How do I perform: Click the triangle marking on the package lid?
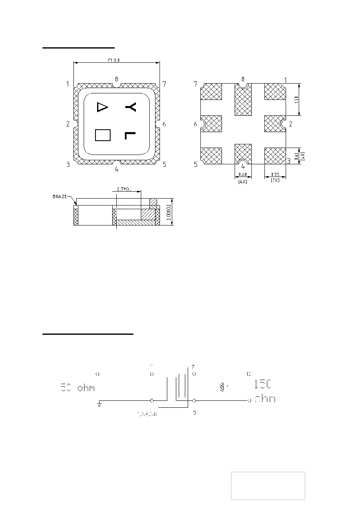coord(102,107)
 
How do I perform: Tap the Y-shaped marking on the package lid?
coord(131,107)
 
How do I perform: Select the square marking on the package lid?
coord(102,135)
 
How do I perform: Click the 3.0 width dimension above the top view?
coord(114,60)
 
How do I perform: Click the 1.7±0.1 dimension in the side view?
coord(124,189)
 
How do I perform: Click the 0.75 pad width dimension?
coord(275,175)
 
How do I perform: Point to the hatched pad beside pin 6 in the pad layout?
coord(212,124)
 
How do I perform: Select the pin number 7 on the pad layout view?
coord(195,84)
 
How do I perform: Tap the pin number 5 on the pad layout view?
coord(195,165)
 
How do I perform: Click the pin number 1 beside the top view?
coord(67,84)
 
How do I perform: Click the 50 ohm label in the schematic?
coord(78,387)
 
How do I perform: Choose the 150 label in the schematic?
coord(263,385)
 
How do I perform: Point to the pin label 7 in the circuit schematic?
coord(193,366)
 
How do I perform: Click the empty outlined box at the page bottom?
coord(268,486)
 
